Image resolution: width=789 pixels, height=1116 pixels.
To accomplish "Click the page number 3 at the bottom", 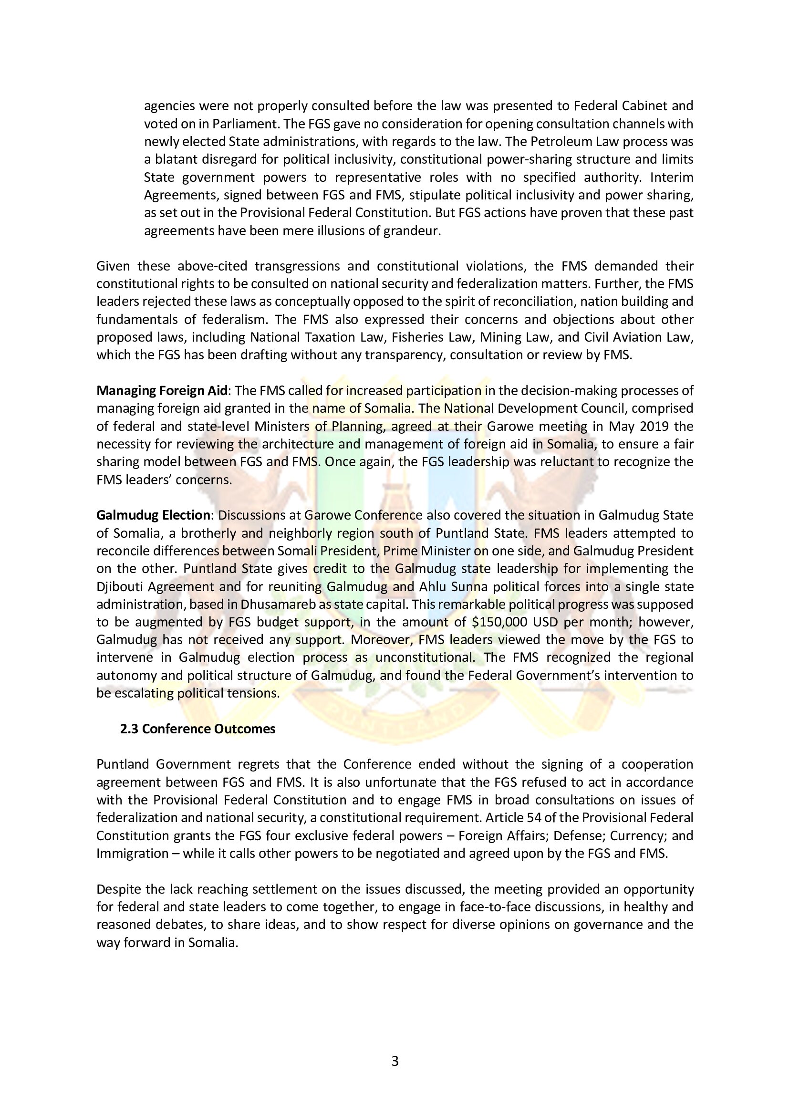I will tap(394, 1061).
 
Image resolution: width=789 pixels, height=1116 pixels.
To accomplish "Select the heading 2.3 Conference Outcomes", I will tap(198, 729).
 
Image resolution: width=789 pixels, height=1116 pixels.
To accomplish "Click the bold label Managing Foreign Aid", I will tap(162, 390).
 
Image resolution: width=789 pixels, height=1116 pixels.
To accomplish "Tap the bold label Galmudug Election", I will tap(154, 515).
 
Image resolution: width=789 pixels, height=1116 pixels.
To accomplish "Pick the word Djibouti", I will tap(119, 586).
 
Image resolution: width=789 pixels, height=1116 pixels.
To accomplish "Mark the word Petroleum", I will tap(576, 141).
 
